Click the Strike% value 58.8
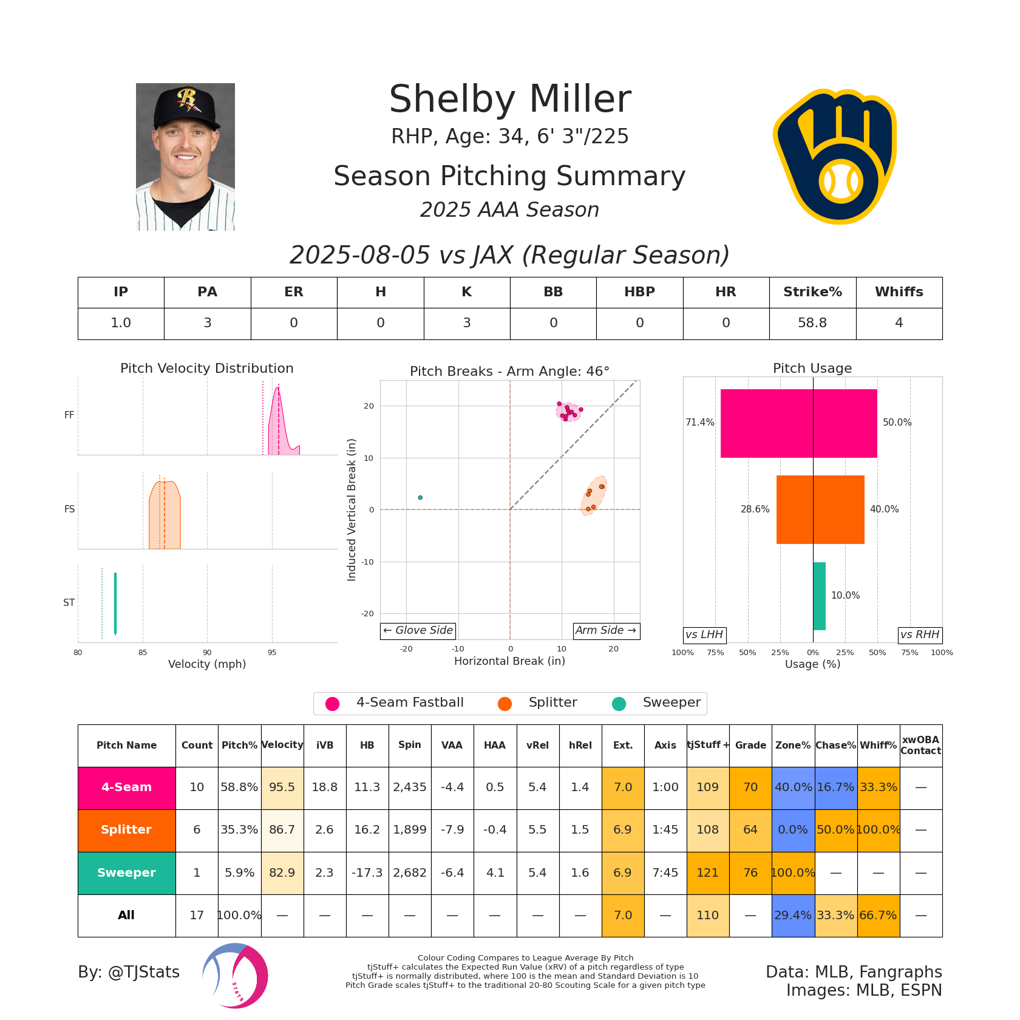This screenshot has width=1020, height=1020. pos(812,323)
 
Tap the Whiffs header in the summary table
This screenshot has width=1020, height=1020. pos(899,292)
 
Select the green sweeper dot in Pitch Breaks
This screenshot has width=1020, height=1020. pos(420,498)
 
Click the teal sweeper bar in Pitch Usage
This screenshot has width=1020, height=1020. pos(819,596)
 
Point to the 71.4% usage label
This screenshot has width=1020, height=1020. pos(699,423)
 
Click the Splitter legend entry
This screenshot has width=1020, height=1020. pos(552,702)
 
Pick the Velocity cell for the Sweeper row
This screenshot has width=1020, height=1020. pos(282,872)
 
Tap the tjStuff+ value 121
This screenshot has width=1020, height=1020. pos(707,872)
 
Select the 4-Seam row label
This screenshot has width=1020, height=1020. pos(126,787)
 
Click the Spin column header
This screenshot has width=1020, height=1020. pos(410,745)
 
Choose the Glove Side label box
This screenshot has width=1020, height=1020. pos(418,631)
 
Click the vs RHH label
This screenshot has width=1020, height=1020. pos(920,635)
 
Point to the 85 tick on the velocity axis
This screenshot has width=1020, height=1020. pos(143,653)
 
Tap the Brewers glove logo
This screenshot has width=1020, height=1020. pos(835,157)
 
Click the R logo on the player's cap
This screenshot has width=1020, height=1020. pos(186,97)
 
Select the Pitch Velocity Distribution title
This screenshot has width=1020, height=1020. pos(206,369)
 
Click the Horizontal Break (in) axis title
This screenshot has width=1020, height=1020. pos(509,661)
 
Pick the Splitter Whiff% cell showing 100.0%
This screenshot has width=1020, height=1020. pos(878,830)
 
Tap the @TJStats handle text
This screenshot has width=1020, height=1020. pos(129,972)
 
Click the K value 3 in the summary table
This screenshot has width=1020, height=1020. pos(466,323)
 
